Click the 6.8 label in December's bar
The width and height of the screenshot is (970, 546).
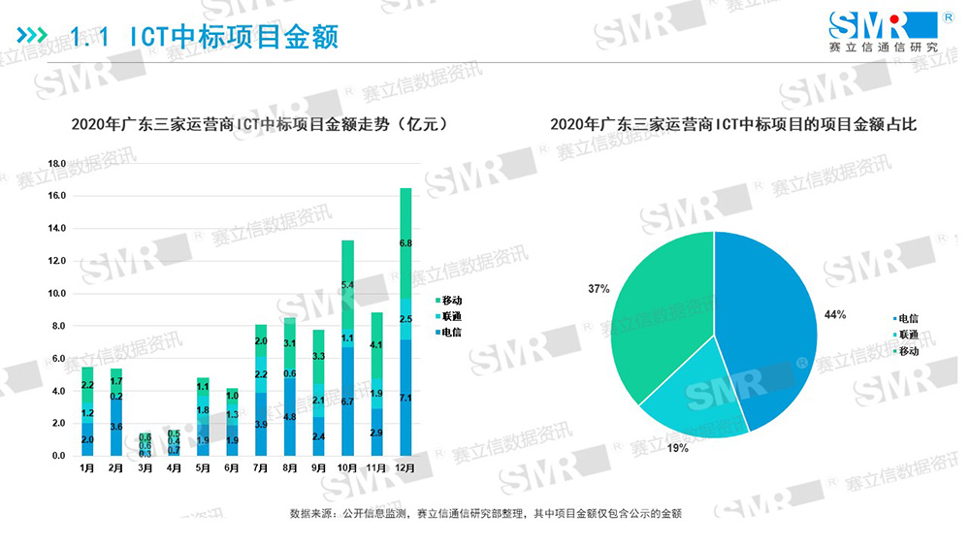(x=405, y=244)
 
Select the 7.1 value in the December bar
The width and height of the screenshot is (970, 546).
(x=405, y=398)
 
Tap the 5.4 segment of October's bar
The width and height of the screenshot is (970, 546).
(x=348, y=284)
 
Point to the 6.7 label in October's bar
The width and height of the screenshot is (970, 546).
(x=348, y=401)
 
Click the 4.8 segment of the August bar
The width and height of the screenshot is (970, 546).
(x=289, y=417)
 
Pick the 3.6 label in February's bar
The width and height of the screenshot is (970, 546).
(x=116, y=427)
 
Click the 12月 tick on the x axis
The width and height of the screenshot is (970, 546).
(x=405, y=468)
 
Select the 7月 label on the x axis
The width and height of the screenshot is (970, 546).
(x=261, y=468)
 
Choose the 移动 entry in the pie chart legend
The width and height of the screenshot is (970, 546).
(x=905, y=350)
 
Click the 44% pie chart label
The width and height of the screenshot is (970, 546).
(x=835, y=314)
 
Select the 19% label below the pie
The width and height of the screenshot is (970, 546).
(x=677, y=448)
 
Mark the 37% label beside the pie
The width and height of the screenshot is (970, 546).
(x=598, y=289)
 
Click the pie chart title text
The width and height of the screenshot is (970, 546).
(x=733, y=125)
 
